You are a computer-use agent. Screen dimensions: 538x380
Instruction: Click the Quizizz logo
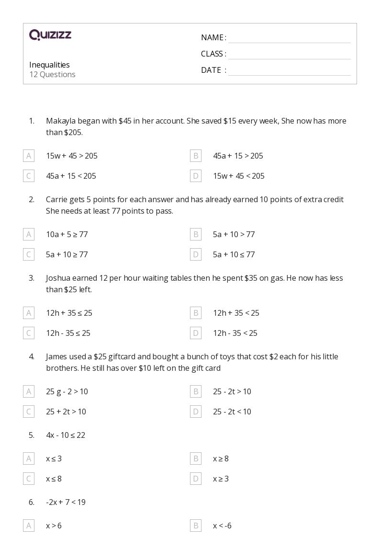click(50, 35)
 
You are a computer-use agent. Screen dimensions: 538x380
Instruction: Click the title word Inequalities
click(49, 65)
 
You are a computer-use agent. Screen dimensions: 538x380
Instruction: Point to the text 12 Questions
click(52, 74)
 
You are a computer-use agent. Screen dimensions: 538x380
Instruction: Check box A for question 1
click(29, 156)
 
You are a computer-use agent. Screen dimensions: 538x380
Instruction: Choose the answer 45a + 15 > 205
click(238, 156)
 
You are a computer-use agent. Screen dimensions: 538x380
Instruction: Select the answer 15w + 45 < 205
click(238, 176)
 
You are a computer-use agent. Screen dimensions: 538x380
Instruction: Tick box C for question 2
click(29, 254)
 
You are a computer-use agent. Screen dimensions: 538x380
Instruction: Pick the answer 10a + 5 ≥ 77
click(67, 234)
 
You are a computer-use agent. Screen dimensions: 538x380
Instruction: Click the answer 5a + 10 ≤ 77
click(234, 254)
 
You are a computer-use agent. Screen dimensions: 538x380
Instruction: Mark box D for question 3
click(195, 333)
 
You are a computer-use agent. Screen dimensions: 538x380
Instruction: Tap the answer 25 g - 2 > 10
click(67, 391)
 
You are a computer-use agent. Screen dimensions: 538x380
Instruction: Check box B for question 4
click(195, 391)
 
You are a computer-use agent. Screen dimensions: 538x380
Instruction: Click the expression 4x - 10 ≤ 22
click(66, 435)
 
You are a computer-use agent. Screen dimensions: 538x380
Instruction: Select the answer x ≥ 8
click(221, 458)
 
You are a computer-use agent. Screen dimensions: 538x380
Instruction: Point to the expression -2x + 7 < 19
click(66, 502)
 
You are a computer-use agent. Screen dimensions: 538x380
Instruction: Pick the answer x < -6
click(222, 526)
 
